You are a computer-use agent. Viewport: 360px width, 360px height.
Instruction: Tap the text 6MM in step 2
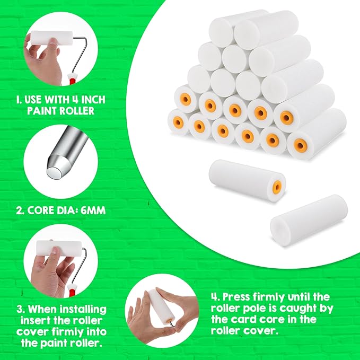[x=93, y=210]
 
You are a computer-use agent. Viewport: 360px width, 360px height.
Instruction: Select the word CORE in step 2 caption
[x=41, y=210]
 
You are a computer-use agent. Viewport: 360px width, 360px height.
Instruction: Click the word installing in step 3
[x=83, y=309]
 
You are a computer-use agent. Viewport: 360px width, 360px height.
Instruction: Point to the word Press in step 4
[x=236, y=297]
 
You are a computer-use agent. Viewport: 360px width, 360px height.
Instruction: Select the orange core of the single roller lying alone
[x=277, y=187]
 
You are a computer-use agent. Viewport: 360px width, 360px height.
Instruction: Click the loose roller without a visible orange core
[x=309, y=220]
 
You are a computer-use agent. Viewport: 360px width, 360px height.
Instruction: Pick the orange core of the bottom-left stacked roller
[x=178, y=121]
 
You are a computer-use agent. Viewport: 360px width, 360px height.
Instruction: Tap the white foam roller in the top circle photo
[x=52, y=38]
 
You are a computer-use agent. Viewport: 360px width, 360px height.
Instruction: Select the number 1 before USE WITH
[x=19, y=100]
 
